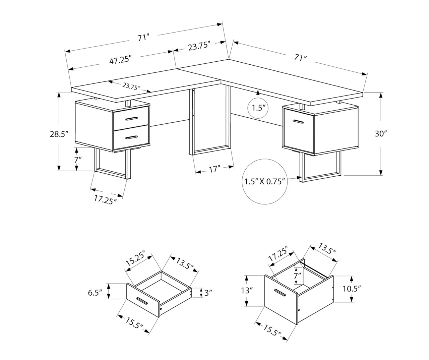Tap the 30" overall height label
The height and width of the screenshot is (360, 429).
pyautogui.click(x=381, y=133)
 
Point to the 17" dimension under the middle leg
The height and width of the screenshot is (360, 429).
pyautogui.click(x=214, y=169)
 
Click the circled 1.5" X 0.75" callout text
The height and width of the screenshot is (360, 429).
pyautogui.click(x=264, y=181)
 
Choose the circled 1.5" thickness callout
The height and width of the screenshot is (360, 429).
pyautogui.click(x=258, y=108)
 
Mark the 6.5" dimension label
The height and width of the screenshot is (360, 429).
pyautogui.click(x=95, y=293)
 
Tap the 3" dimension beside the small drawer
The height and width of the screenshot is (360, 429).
pyautogui.click(x=208, y=293)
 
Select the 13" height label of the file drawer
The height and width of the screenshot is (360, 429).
pyautogui.click(x=246, y=290)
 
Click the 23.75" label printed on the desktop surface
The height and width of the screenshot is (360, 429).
pyautogui.click(x=131, y=86)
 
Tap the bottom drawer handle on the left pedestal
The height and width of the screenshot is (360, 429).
pyautogui.click(x=131, y=137)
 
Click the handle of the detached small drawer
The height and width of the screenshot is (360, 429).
pyautogui.click(x=142, y=301)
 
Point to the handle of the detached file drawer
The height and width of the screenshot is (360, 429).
pyautogui.click(x=280, y=293)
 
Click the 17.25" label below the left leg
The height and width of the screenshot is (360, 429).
pyautogui.click(x=105, y=199)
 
